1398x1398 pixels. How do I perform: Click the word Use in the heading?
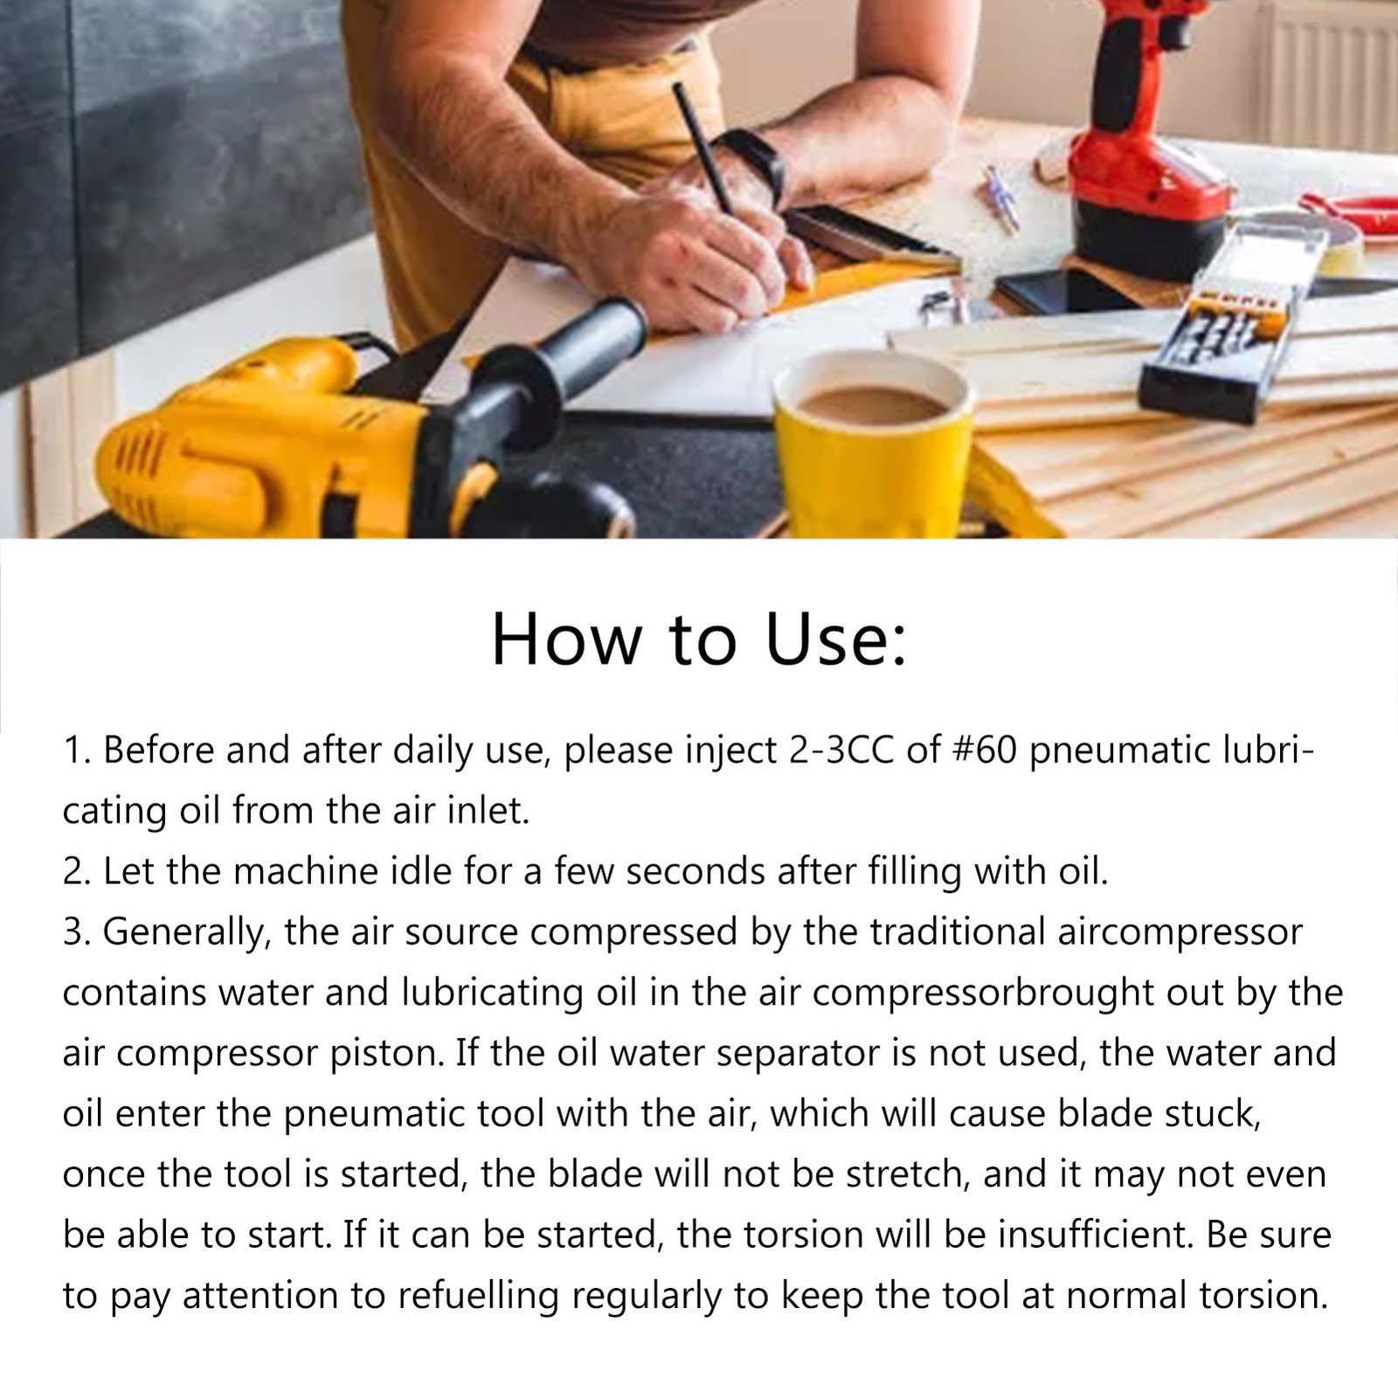(x=836, y=639)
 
